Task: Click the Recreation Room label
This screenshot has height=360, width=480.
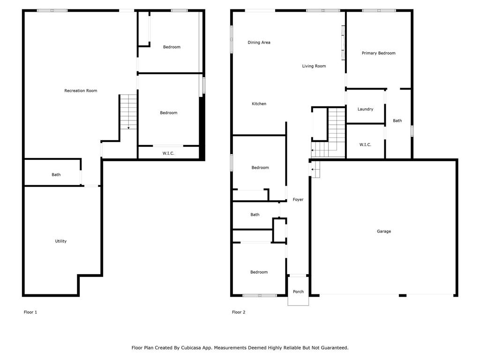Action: pos(81,90)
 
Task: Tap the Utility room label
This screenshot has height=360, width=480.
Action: pos(61,241)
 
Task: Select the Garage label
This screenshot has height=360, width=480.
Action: pos(383,231)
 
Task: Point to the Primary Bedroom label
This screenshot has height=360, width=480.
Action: pos(378,53)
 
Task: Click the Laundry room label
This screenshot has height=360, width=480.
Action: pos(365,109)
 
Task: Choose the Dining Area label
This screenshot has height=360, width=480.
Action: pos(259,43)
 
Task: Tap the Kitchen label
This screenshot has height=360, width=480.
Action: pos(259,104)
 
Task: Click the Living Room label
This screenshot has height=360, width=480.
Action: pos(314,66)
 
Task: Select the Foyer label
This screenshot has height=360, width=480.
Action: pos(298,200)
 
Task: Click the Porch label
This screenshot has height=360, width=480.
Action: pos(298,292)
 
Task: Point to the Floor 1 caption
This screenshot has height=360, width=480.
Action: pos(30,312)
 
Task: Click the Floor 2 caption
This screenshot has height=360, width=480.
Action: pos(239,312)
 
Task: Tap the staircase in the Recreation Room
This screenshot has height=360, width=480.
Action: pos(128,112)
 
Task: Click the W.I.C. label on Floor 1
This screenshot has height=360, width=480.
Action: pos(168,153)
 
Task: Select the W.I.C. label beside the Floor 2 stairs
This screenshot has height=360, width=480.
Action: pos(365,145)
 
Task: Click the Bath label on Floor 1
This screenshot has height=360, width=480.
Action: pos(56,175)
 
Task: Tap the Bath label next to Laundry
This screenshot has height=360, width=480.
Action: pos(397,120)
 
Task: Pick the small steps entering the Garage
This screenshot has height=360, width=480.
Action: pos(315,169)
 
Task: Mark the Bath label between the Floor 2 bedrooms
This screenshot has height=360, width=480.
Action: pos(255,215)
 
